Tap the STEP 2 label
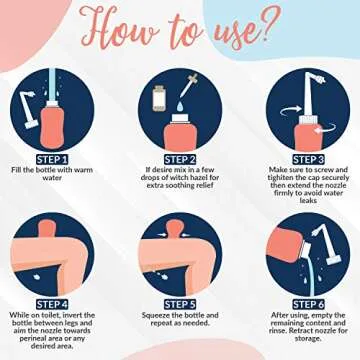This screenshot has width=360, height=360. pyautogui.click(x=179, y=159)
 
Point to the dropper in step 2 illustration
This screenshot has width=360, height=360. pyautogui.click(x=190, y=97)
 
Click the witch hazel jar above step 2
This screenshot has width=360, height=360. pyautogui.click(x=158, y=99)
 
